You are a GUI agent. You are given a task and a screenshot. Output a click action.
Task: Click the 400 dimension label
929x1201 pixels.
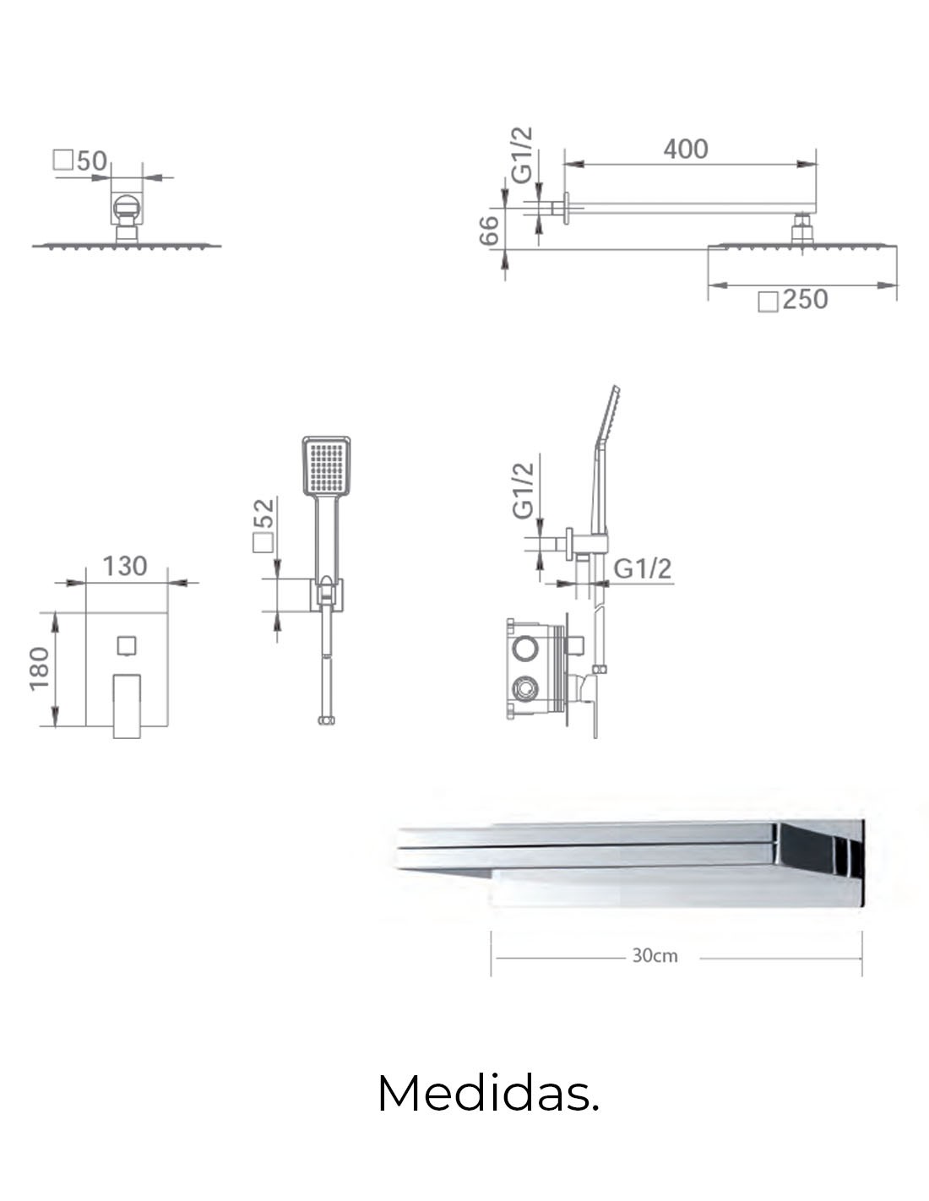(685, 149)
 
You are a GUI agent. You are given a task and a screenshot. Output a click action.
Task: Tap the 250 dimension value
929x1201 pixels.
(805, 300)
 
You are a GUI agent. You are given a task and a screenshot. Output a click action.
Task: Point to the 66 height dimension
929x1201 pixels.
(489, 231)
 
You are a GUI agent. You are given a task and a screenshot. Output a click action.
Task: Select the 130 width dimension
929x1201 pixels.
(125, 566)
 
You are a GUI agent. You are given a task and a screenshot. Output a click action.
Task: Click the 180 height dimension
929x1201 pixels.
(39, 669)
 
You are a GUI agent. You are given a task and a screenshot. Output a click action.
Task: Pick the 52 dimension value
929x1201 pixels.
(264, 514)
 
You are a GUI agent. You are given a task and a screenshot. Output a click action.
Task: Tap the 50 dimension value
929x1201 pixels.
(92, 160)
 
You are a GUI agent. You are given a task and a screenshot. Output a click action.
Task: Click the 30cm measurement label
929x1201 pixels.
(655, 955)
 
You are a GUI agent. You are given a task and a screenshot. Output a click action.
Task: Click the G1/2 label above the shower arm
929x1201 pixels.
(522, 155)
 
